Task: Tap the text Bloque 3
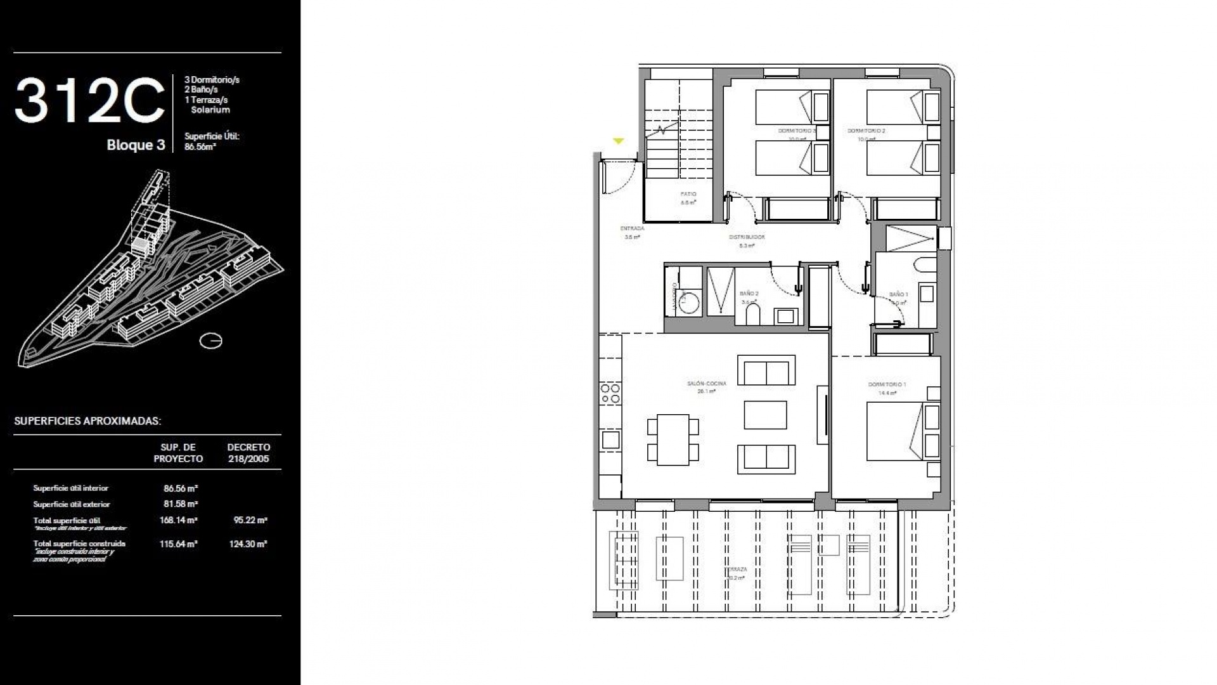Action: pos(136,145)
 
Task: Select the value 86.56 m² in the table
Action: pos(181,488)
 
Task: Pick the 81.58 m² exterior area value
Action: pos(181,504)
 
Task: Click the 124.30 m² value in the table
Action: pos(248,544)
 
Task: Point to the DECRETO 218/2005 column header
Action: pos(248,453)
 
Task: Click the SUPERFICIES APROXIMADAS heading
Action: pos(87,421)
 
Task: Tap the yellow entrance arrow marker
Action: pos(619,141)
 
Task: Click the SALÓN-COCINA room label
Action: pos(706,384)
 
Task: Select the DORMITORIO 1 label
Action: pos(887,385)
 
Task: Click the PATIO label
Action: pos(688,195)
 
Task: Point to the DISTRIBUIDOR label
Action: pos(747,237)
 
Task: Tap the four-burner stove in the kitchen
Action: pos(610,393)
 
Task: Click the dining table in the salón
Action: pos(673,439)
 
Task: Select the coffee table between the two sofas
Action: pos(765,415)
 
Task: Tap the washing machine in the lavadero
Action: pos(686,303)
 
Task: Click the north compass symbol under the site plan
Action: pos(211,341)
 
